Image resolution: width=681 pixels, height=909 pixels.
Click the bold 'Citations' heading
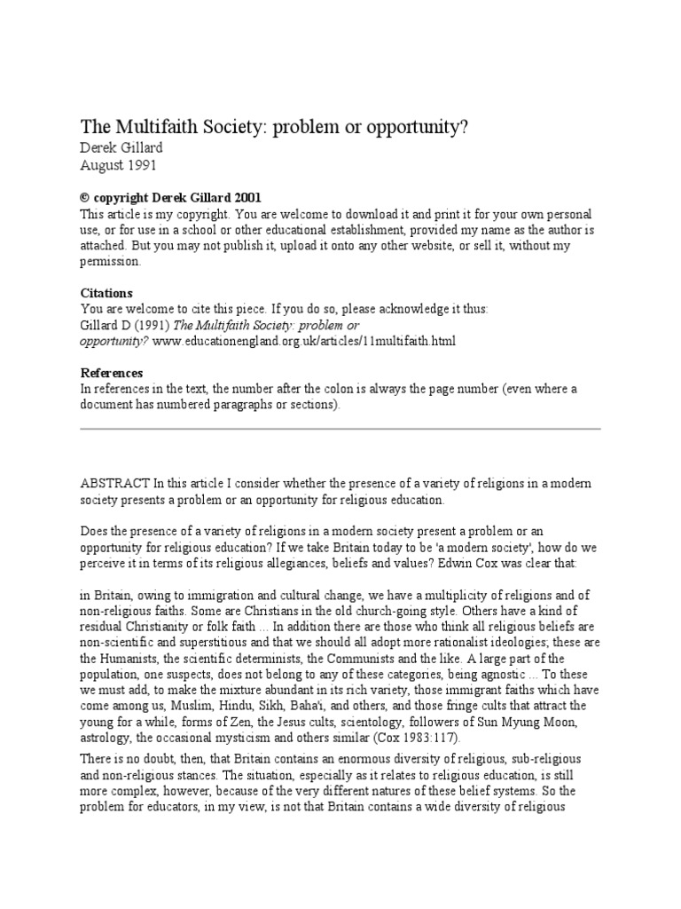106,293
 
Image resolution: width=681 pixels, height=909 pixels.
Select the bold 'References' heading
111,373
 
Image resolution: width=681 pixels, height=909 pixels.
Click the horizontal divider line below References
340,428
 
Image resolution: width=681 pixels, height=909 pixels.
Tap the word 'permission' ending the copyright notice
110,261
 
